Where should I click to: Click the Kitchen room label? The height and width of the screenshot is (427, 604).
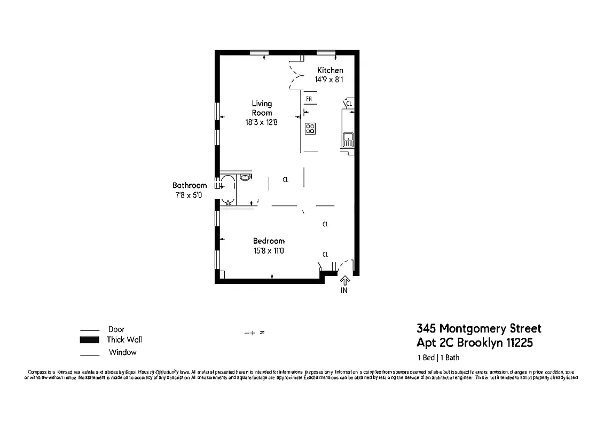[x=330, y=70]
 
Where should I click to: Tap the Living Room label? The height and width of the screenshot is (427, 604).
[x=262, y=108]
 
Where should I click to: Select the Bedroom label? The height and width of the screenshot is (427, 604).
[x=269, y=241]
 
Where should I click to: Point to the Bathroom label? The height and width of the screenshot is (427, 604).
[x=189, y=186]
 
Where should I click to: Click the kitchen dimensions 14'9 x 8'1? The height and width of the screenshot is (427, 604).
[x=330, y=80]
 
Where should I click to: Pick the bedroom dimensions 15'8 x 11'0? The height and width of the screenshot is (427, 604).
[x=269, y=250]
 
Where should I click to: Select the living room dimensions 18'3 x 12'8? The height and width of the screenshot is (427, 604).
[x=261, y=122]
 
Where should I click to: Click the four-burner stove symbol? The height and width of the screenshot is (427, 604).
[x=310, y=129]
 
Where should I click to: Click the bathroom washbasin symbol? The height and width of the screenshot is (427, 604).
[x=245, y=177]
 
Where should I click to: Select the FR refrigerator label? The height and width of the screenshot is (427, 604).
[x=309, y=99]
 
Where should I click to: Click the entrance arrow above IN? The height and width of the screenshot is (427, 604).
[x=344, y=279]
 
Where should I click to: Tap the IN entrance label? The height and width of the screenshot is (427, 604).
[x=344, y=291]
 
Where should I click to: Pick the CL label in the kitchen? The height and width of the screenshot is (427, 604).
[x=349, y=104]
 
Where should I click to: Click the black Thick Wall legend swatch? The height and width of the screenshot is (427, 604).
[x=90, y=340]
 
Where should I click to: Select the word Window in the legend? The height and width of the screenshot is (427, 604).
[x=122, y=352]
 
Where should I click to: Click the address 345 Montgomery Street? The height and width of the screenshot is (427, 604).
[x=479, y=328]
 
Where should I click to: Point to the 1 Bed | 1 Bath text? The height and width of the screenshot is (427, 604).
[x=438, y=358]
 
